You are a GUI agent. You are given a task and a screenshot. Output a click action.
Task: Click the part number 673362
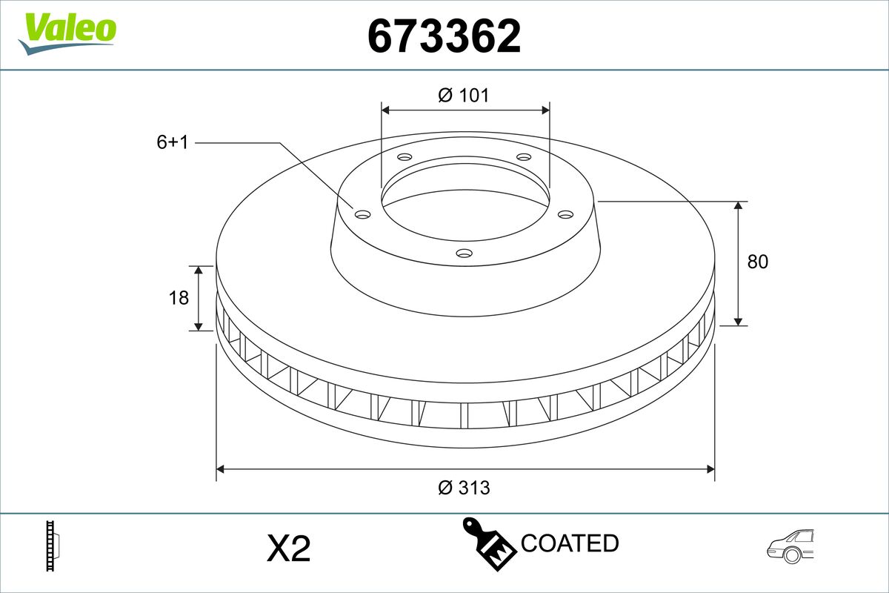coord(444,36)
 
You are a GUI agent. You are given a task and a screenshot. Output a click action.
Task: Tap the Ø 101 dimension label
coord(464,95)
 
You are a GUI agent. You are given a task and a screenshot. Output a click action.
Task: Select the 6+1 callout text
coord(172,142)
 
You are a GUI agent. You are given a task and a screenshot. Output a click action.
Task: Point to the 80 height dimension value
coord(758,262)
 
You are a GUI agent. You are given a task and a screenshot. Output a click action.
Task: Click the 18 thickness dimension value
coord(179,297)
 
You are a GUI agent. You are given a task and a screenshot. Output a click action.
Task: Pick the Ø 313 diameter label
coord(464,488)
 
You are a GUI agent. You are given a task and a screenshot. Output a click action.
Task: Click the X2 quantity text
coord(288,549)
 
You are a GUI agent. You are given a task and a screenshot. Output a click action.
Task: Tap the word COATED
coord(570,543)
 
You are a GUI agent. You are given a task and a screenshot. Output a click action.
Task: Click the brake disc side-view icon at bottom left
coord(53,546)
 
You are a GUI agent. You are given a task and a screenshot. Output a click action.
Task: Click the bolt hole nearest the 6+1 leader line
coord(362,214)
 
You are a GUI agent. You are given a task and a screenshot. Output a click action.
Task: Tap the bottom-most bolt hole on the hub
coord(464,254)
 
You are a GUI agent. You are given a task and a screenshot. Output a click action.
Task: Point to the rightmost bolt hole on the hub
coord(566,214)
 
